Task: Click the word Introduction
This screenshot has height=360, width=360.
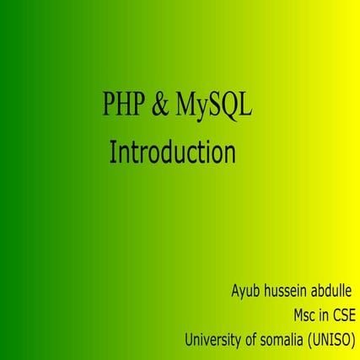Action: (172, 154)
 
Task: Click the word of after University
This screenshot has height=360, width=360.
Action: (255, 341)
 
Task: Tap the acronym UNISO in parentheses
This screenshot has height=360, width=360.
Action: (334, 341)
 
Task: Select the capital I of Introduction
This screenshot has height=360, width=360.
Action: (113, 154)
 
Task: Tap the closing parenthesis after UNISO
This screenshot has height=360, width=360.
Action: (356, 341)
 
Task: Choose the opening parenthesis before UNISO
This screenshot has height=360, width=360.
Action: (313, 341)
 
